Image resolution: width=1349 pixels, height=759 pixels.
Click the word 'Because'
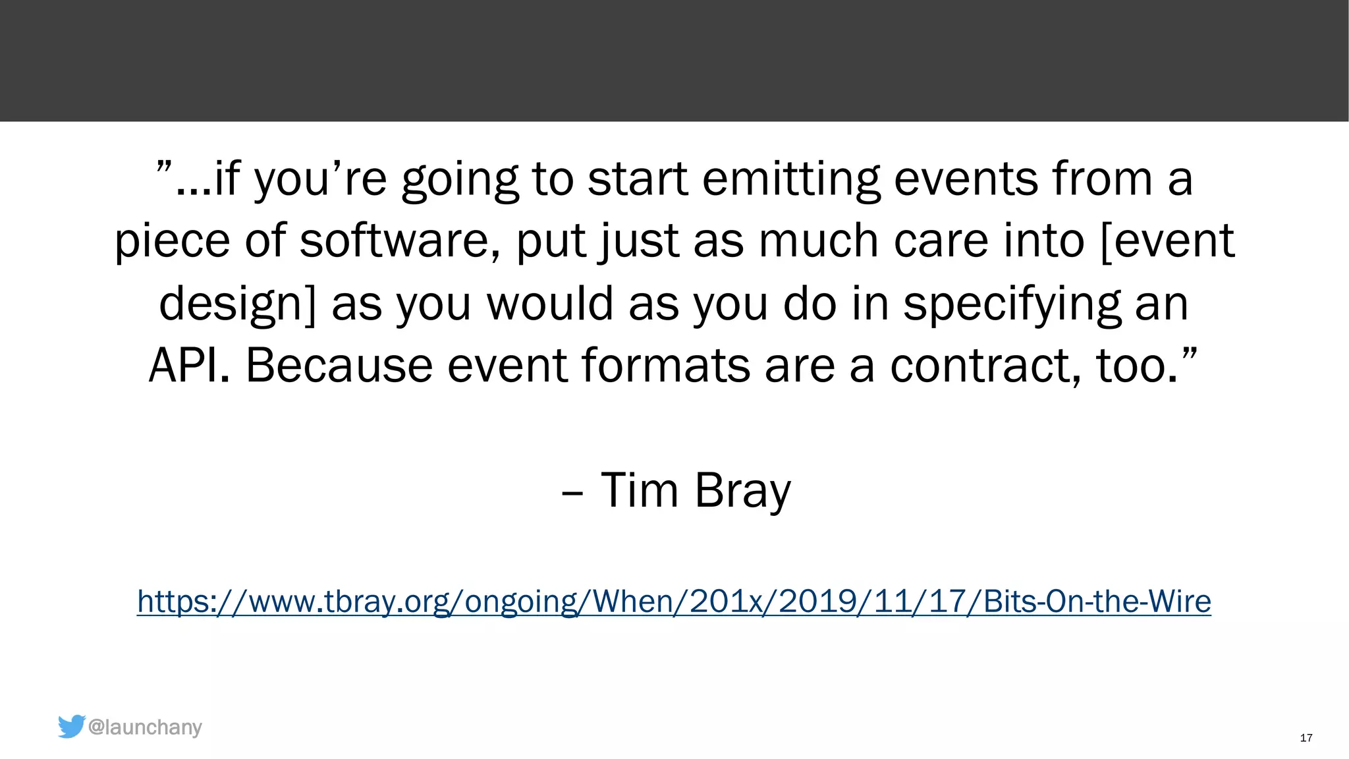coord(339,365)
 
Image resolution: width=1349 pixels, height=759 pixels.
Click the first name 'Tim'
coord(639,490)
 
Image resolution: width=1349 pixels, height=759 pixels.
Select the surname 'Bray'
coord(742,492)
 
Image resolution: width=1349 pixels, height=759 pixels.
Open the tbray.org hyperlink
coord(674,602)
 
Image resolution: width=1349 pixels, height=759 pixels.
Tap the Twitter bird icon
coord(71,726)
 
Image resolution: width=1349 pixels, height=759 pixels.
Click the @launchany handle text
coord(145,727)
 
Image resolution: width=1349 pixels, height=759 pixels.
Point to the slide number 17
coord(1306,738)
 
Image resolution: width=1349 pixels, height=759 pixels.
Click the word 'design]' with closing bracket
coord(238,304)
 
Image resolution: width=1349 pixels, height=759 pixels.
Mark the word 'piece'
coord(172,242)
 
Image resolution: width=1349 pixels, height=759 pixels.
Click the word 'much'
coord(819,240)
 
